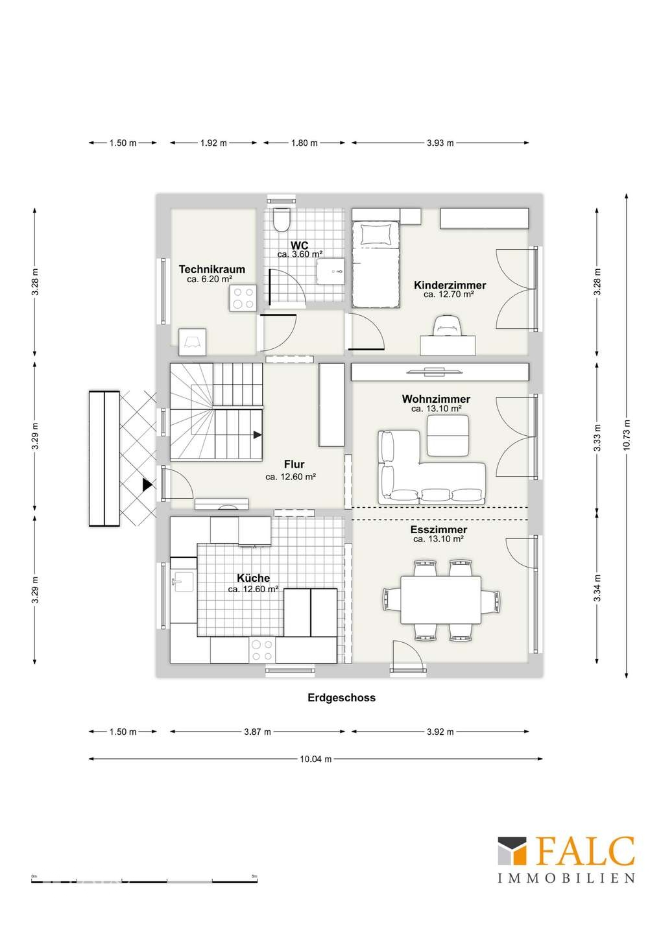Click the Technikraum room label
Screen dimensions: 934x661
211,269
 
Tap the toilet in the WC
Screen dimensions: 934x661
282,221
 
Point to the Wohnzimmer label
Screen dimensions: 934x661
436,399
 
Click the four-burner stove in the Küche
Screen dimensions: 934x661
262,650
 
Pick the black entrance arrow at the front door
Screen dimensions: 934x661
147,484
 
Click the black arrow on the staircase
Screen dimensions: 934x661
258,435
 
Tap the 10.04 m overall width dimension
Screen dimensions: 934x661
316,759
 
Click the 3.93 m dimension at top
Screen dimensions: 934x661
440,143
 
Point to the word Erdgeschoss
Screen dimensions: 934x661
341,698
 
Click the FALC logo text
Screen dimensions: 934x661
584,852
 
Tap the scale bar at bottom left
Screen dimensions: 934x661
144,880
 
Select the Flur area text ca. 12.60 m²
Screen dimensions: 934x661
291,477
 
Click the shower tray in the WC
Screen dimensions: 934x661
331,269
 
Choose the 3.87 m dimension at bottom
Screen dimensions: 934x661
257,732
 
